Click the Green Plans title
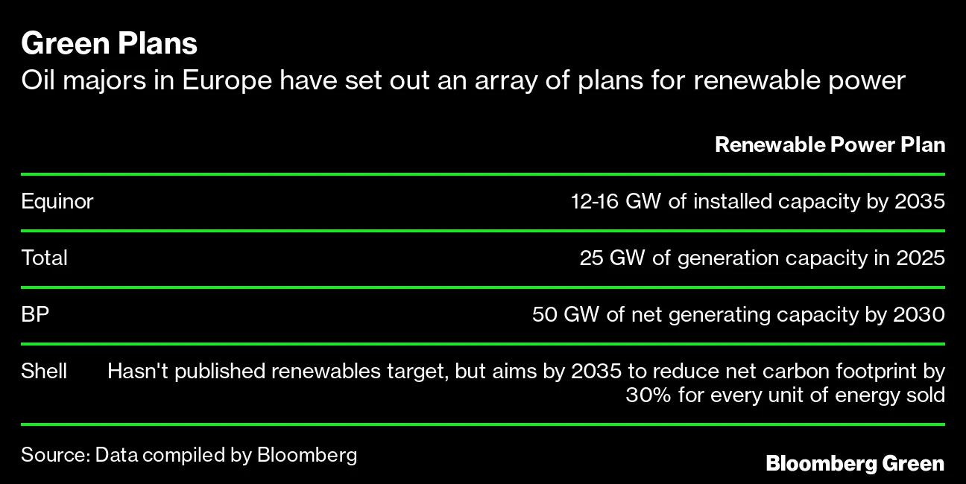(x=109, y=43)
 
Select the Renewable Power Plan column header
(x=830, y=144)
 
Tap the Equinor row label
(x=57, y=202)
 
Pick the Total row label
(x=45, y=258)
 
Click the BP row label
(x=35, y=314)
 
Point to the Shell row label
(x=44, y=371)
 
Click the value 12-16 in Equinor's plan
(x=595, y=201)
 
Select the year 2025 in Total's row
(x=921, y=258)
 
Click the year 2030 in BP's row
(x=919, y=314)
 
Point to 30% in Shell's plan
(x=648, y=395)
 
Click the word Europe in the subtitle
(x=227, y=80)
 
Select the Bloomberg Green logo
(x=855, y=463)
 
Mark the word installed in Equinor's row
(x=733, y=201)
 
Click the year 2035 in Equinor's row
(x=920, y=201)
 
